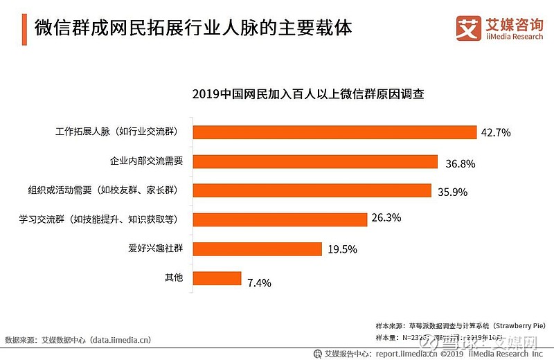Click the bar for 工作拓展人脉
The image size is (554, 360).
(x=334, y=132)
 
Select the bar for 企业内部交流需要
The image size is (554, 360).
(x=315, y=161)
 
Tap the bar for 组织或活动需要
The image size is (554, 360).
(x=312, y=190)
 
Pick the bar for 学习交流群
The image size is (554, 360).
(x=280, y=219)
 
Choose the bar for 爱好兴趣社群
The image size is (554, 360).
(x=257, y=249)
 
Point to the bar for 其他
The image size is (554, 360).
(x=217, y=278)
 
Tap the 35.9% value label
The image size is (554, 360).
(x=453, y=192)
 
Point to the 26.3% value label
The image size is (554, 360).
(x=386, y=217)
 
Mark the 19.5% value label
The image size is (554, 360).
(x=341, y=247)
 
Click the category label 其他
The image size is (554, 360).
(x=174, y=278)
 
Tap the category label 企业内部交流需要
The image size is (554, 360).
(x=147, y=161)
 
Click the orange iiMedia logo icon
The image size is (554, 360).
(x=468, y=27)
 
